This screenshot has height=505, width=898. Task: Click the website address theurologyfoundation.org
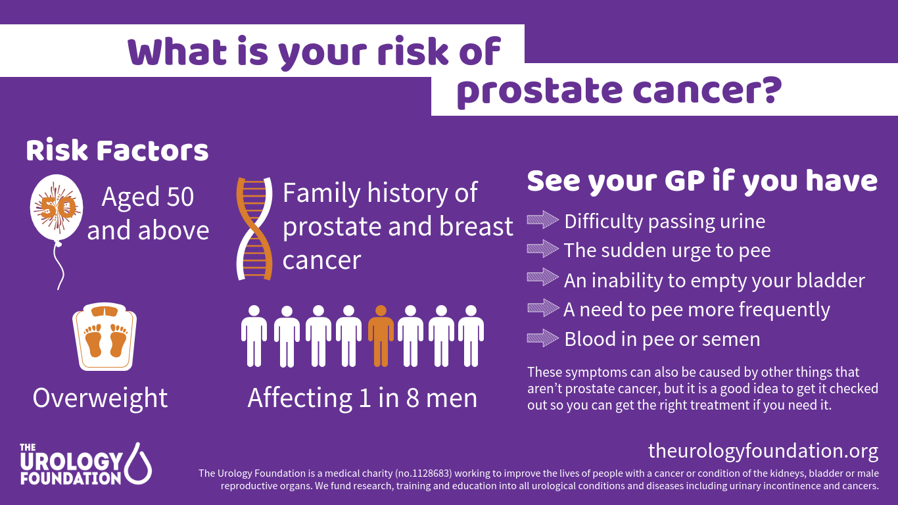[x=763, y=451]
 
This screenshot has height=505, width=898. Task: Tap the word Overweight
[x=100, y=398]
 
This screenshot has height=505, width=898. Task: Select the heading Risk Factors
[x=117, y=151]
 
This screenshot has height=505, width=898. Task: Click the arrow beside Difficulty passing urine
[x=543, y=220]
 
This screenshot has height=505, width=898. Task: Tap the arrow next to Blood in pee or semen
[x=543, y=339]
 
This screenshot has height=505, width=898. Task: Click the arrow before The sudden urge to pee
[x=543, y=249]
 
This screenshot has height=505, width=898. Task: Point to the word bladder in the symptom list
[x=830, y=280]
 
